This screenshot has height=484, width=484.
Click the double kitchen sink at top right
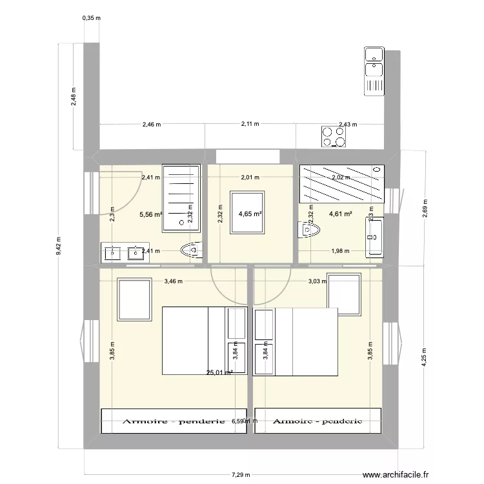374,71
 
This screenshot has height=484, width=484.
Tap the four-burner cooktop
334,136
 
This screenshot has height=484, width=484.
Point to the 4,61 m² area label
340,214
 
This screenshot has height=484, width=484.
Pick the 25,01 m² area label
219,372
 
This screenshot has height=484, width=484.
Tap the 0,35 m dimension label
92,18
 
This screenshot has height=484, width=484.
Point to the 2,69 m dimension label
424,208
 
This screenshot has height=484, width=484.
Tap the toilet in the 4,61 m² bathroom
310,229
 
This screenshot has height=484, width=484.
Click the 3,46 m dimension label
173,281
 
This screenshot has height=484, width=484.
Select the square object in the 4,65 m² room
247,208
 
